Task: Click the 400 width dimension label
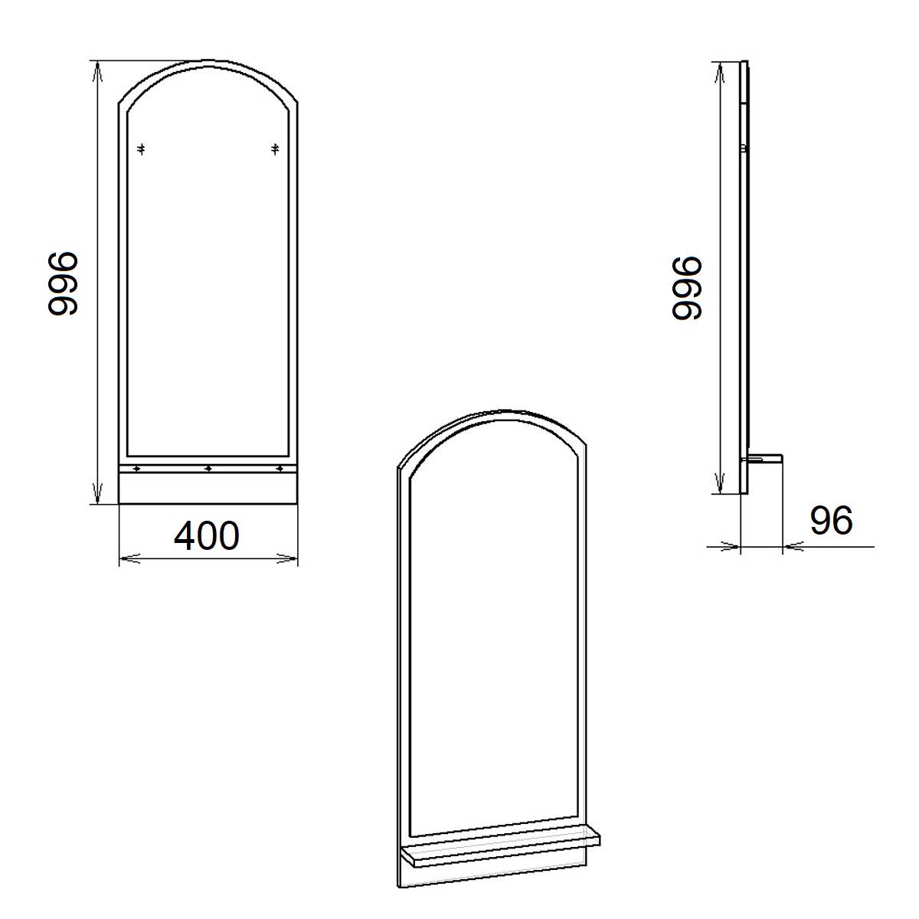(207, 535)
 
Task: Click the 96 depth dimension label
(831, 520)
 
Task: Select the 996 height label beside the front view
(63, 283)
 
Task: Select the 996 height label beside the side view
(686, 288)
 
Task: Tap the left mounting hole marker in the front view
(141, 149)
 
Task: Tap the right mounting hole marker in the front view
(275, 149)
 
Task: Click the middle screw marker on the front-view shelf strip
(208, 469)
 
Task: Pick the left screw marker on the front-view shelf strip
(136, 469)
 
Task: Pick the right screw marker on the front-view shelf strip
(280, 469)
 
